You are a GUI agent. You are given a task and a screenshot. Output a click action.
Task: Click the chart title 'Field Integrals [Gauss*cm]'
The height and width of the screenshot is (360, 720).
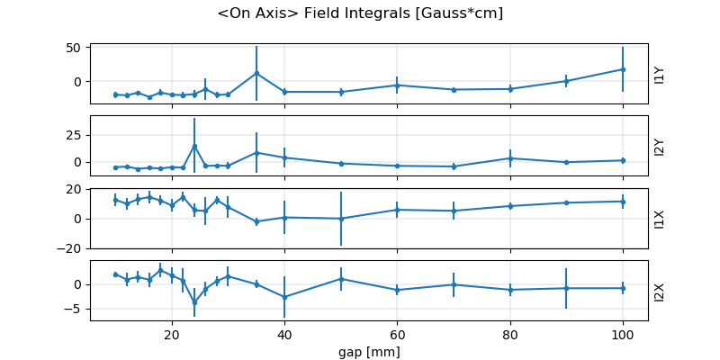pos(360,13)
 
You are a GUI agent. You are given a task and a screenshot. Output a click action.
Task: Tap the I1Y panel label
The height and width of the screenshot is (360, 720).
pos(660,74)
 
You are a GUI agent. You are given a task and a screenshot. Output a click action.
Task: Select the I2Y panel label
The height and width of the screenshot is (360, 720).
pos(660,146)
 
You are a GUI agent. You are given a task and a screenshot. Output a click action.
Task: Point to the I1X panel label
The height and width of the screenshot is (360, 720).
pos(660,218)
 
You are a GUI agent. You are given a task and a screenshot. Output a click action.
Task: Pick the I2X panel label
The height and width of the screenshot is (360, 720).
pos(660,291)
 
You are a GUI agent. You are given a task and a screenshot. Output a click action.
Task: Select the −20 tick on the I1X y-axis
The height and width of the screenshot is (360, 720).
pos(70,248)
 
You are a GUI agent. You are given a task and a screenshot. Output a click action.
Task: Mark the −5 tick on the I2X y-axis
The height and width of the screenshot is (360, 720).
pos(74,309)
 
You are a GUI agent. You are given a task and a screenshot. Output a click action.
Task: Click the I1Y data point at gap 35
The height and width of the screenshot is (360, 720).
pos(256,73)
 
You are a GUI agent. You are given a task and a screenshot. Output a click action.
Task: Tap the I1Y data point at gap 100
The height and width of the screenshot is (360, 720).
pos(623,69)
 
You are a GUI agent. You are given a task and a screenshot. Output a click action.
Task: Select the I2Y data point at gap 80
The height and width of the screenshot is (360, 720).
pos(510,158)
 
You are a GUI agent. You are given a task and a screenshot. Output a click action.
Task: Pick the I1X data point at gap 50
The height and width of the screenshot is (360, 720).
pos(341,219)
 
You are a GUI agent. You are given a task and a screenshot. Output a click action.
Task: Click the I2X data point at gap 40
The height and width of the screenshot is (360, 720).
pos(284,297)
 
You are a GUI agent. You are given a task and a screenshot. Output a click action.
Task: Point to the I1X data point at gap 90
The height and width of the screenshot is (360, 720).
pos(566,202)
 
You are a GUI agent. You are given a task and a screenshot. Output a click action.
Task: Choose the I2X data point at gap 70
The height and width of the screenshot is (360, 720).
pos(454,284)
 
